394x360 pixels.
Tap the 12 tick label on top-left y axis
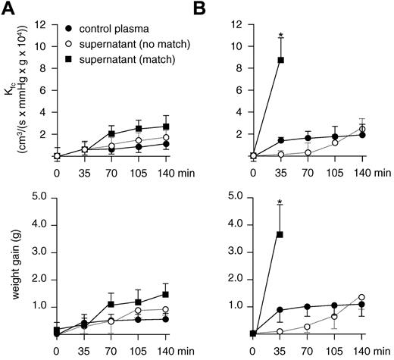41,24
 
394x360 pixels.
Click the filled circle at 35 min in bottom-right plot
281,310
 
